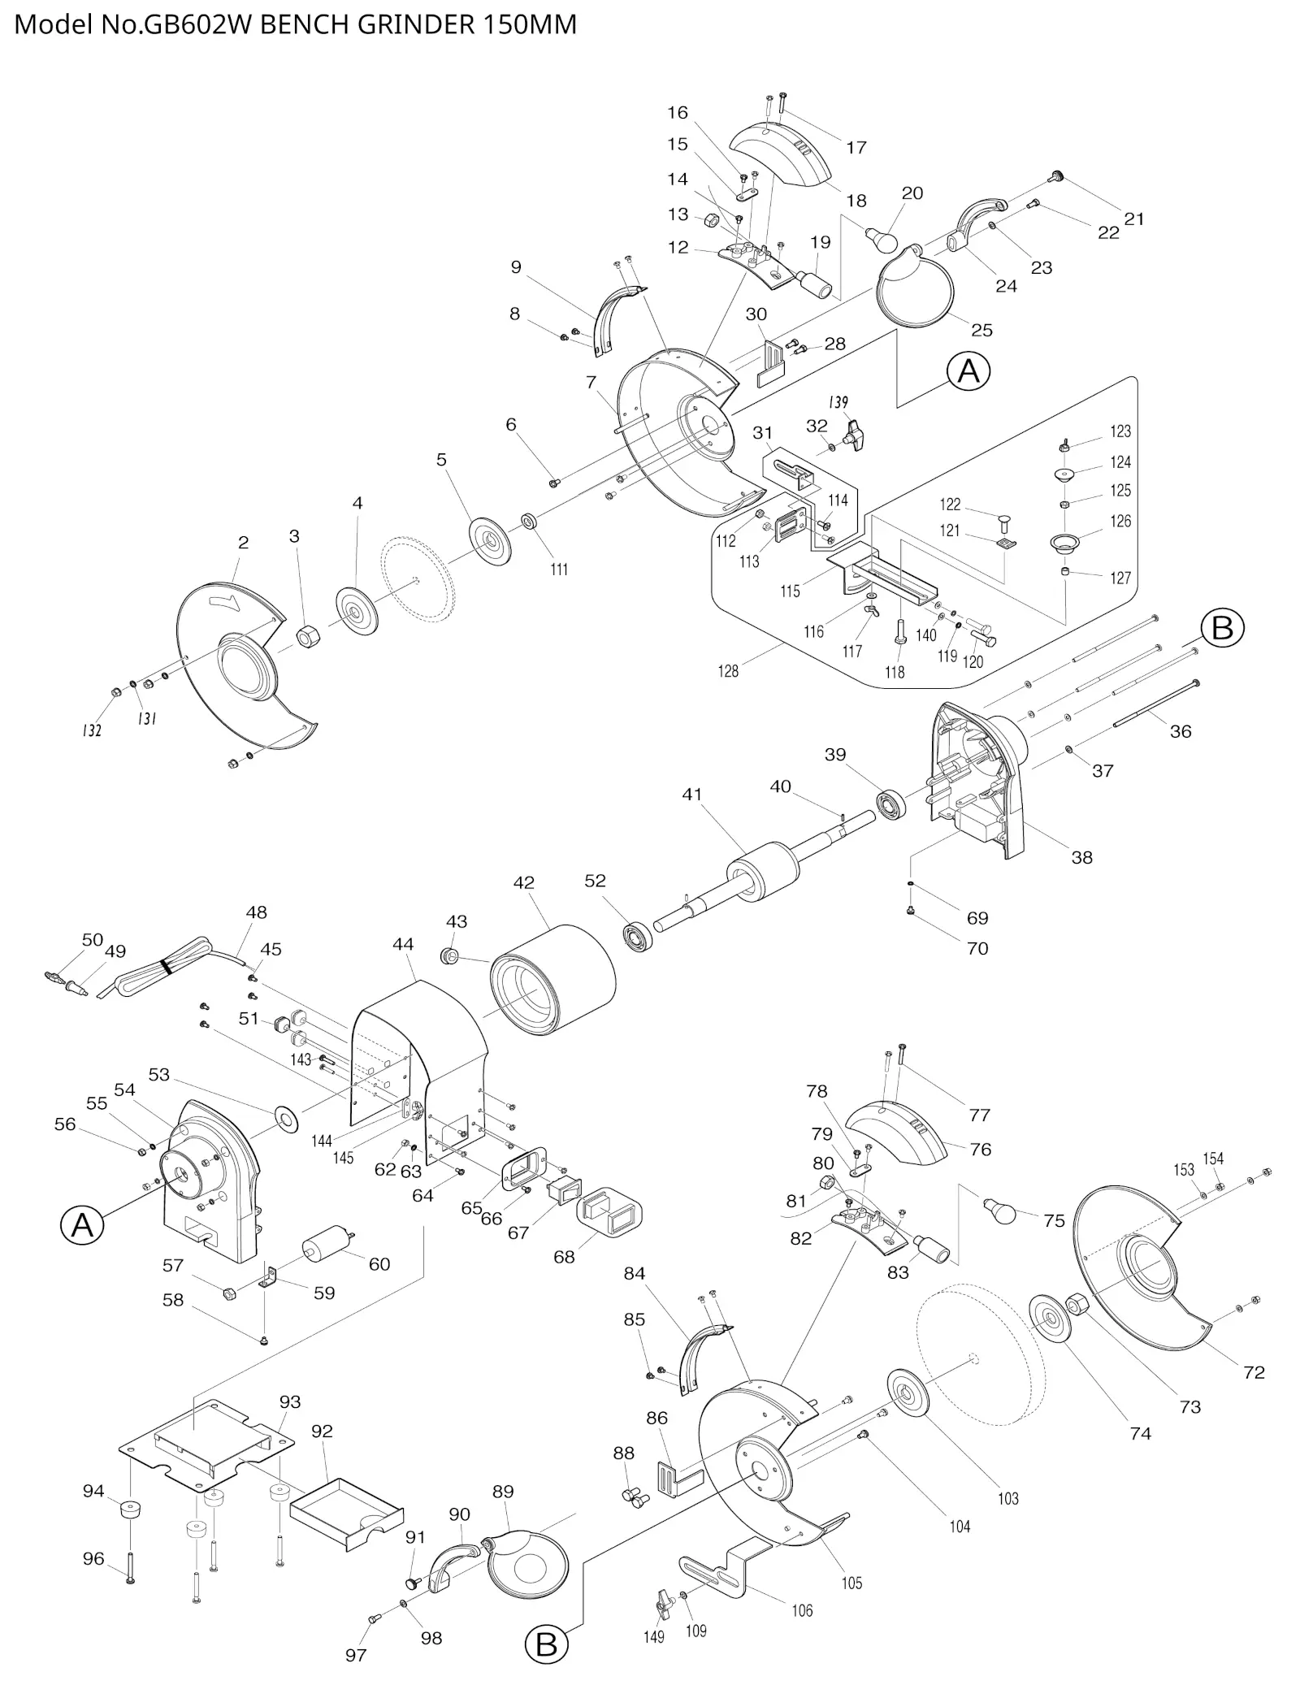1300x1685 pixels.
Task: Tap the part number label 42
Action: pyautogui.click(x=524, y=882)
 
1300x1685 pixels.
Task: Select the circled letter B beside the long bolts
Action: pyautogui.click(x=1222, y=628)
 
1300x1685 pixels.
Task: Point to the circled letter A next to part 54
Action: pyautogui.click(x=82, y=1224)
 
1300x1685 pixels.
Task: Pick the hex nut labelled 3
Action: pyautogui.click(x=306, y=636)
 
